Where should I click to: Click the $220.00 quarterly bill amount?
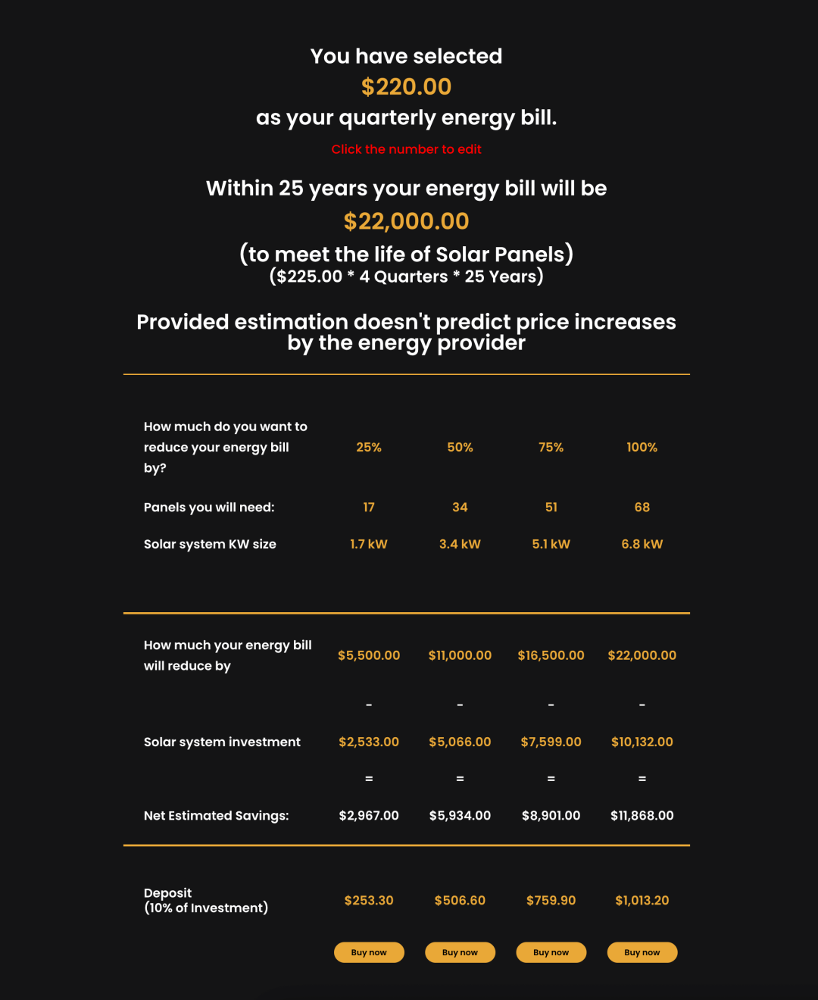pyautogui.click(x=406, y=87)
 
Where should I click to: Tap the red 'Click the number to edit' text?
pyautogui.click(x=406, y=149)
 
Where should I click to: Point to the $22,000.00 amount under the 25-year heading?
pyautogui.click(x=406, y=221)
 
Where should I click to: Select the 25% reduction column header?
pyautogui.click(x=369, y=448)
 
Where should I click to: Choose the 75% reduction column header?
pyautogui.click(x=551, y=448)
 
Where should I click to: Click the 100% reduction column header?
pyautogui.click(x=642, y=448)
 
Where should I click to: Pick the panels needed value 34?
pyautogui.click(x=460, y=508)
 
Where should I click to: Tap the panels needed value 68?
pyautogui.click(x=642, y=508)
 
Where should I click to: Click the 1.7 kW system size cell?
pyautogui.click(x=369, y=544)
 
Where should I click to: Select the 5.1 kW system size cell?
pyautogui.click(x=551, y=544)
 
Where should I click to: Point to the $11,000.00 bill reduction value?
pyautogui.click(x=460, y=655)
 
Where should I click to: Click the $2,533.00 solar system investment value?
pyautogui.click(x=369, y=742)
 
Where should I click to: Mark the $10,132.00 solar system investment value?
pyautogui.click(x=642, y=742)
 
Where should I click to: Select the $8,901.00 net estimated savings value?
pyautogui.click(x=551, y=816)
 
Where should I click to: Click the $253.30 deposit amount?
pyautogui.click(x=369, y=901)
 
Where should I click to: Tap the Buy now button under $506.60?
pyautogui.click(x=460, y=952)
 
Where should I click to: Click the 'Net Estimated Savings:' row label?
pyautogui.click(x=216, y=816)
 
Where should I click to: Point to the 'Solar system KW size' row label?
pyautogui.click(x=210, y=544)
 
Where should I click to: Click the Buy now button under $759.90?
pyautogui.click(x=551, y=952)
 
